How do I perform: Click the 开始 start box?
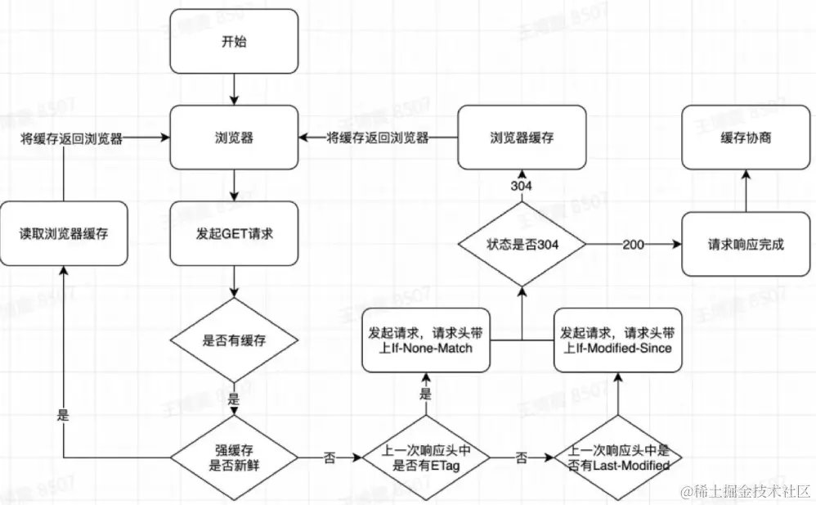[234, 41]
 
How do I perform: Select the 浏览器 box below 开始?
[234, 138]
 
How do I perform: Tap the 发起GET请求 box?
[234, 232]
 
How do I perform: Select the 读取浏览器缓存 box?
[64, 233]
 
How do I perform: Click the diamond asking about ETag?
[425, 458]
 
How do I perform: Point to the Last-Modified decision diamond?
[619, 458]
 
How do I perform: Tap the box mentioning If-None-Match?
[425, 340]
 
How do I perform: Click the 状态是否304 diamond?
[522, 245]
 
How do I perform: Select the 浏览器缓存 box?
[522, 138]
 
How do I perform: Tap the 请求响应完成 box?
[746, 244]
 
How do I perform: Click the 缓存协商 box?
[746, 138]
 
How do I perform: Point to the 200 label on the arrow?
[634, 245]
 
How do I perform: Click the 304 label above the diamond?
[522, 187]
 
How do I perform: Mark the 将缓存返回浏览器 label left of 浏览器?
[72, 139]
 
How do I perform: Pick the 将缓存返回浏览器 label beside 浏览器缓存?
[378, 138]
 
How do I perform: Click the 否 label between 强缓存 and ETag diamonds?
[330, 458]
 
